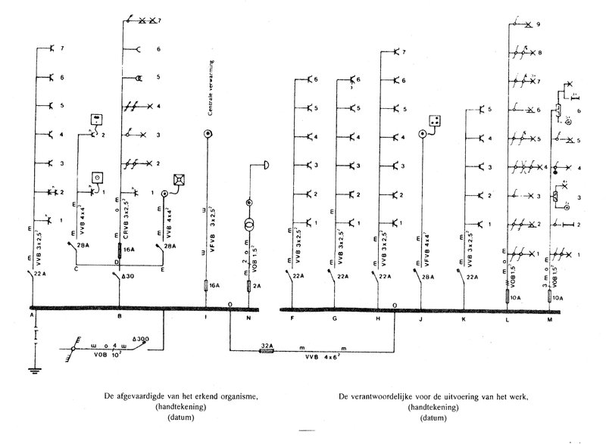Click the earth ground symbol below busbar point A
pos(33,370)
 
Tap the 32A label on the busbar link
pos(266,343)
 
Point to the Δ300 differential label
pos(141,339)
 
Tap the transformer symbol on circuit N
pos(249,226)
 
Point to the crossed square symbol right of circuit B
pos(180,180)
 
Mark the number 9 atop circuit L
pos(537,25)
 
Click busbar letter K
pos(463,318)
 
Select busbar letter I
pos(205,318)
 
